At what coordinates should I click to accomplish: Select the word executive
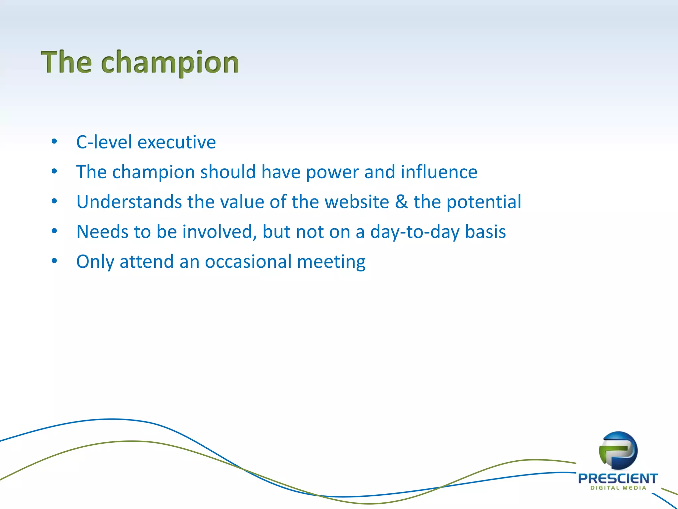point(176,142)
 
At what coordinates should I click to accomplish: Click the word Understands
point(129,202)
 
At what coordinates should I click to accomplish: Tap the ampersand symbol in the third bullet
point(401,202)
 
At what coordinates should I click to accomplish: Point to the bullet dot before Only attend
point(54,261)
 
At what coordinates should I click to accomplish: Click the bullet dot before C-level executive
point(54,142)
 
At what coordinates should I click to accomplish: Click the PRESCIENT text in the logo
point(618,479)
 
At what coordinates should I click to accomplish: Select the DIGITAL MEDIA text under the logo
point(618,488)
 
